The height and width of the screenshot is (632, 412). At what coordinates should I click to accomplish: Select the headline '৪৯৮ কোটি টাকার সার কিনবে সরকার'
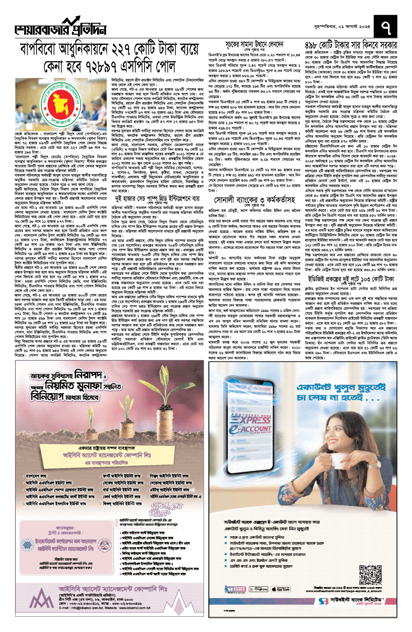(x=351, y=45)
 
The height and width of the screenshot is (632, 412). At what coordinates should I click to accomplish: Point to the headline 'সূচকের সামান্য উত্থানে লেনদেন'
(x=254, y=44)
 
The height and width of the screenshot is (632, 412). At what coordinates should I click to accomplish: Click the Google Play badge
(x=259, y=589)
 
